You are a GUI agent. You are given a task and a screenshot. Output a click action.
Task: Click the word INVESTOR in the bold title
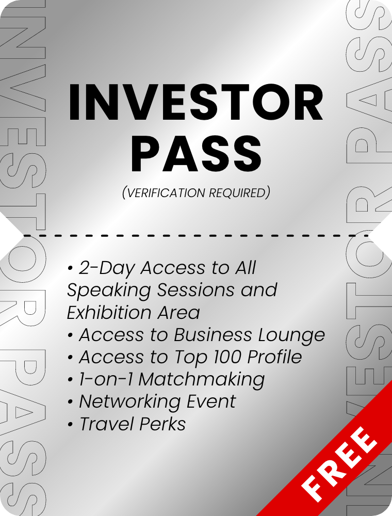tap(195, 102)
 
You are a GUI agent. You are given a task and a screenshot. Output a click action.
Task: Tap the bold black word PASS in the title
tap(197, 154)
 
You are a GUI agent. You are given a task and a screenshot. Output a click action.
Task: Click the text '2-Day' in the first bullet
tap(107, 268)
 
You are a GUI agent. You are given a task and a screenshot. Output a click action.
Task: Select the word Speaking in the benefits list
tap(109, 291)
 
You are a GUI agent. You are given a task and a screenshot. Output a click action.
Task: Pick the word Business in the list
tap(213, 335)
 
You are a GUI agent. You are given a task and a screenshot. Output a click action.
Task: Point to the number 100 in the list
tap(227, 357)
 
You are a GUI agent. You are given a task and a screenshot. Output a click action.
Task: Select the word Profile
tap(274, 357)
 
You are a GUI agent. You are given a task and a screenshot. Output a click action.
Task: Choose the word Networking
tap(129, 402)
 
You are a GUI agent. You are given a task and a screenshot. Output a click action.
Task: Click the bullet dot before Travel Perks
tap(70, 425)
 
